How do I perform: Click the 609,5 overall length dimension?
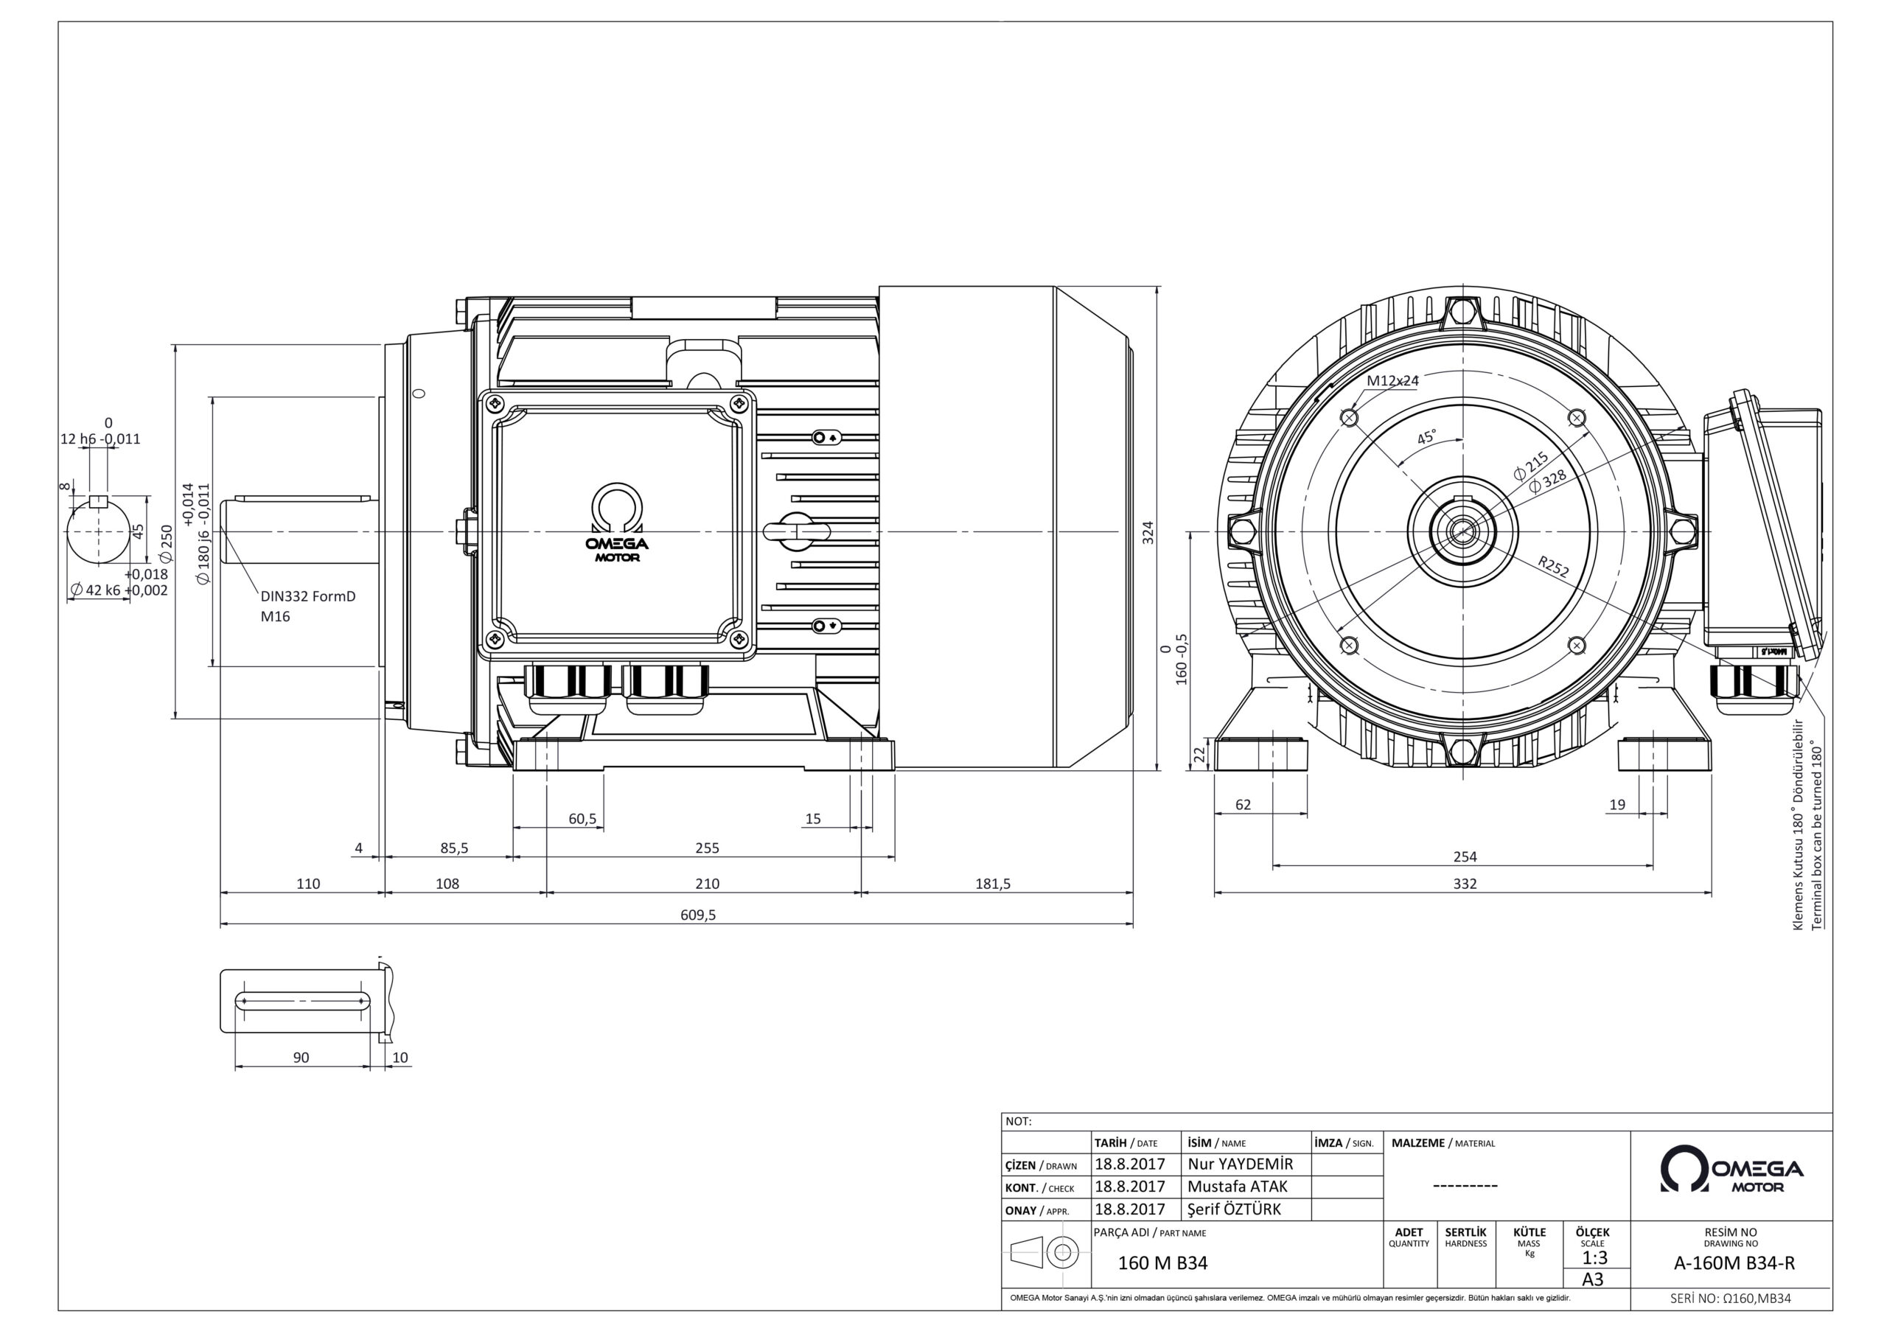[698, 915]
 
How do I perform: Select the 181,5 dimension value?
[993, 884]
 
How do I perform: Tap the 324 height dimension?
[1149, 532]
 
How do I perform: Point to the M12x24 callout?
[1393, 380]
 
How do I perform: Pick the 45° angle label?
[1427, 436]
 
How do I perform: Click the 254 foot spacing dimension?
[1465, 856]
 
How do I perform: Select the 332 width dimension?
[1465, 884]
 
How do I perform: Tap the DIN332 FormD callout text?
[308, 596]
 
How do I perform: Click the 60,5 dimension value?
[583, 819]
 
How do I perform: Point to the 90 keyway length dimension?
[301, 1057]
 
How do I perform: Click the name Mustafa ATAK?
[1238, 1186]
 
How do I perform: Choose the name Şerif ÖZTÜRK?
[1235, 1209]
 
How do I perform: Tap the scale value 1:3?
[1594, 1257]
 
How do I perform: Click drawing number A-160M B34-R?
[1734, 1263]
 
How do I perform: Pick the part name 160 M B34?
[1163, 1263]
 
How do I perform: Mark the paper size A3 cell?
[1593, 1279]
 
